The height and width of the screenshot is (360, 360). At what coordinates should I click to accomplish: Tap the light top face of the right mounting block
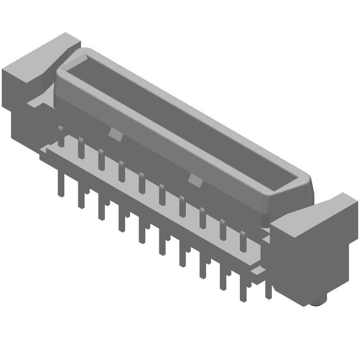(x=315, y=214)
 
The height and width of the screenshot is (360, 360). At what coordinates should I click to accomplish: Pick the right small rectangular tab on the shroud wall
(x=195, y=180)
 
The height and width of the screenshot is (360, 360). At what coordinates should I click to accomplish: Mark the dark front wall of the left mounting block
(x=13, y=90)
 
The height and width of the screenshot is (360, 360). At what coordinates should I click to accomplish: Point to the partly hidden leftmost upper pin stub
(x=59, y=129)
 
